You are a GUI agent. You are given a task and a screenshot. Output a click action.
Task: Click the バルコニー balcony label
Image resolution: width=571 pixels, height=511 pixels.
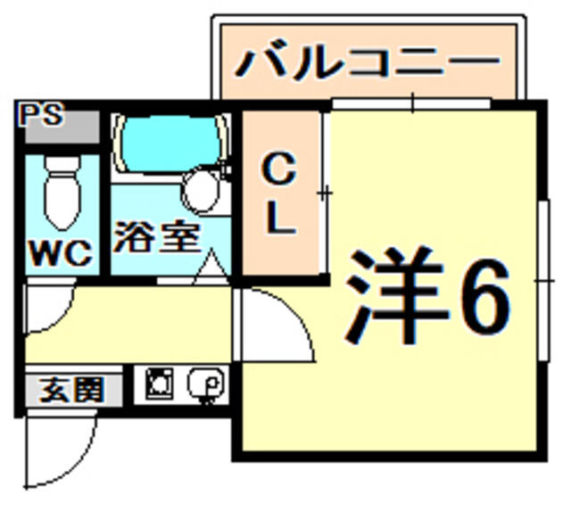367,63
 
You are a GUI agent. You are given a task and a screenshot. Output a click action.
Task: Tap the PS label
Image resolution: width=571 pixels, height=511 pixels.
42,114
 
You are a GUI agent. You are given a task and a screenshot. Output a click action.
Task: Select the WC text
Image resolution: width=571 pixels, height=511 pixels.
61,253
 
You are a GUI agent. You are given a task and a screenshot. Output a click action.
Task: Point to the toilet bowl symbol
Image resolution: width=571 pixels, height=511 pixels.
62,194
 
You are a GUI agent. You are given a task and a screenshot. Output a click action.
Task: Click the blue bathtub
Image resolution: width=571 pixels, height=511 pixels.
171,144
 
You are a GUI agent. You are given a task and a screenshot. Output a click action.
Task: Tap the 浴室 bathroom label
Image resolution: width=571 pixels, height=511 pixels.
157,236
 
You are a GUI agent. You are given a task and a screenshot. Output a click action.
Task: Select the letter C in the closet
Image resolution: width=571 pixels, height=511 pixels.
279,169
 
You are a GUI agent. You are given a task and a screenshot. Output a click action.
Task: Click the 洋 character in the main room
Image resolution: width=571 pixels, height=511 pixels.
395,295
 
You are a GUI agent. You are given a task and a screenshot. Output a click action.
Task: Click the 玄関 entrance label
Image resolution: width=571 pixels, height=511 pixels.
72,390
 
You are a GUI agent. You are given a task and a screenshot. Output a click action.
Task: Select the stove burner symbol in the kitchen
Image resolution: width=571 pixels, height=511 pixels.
159,383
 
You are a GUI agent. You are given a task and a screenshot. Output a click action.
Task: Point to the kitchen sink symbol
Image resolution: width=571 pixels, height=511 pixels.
206,384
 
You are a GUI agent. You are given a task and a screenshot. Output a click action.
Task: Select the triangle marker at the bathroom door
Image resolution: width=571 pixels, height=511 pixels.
211,267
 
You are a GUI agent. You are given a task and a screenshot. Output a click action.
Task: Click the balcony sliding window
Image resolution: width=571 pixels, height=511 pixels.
411,103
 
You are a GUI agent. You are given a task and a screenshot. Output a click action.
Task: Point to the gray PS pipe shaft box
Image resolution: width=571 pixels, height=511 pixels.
62,127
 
